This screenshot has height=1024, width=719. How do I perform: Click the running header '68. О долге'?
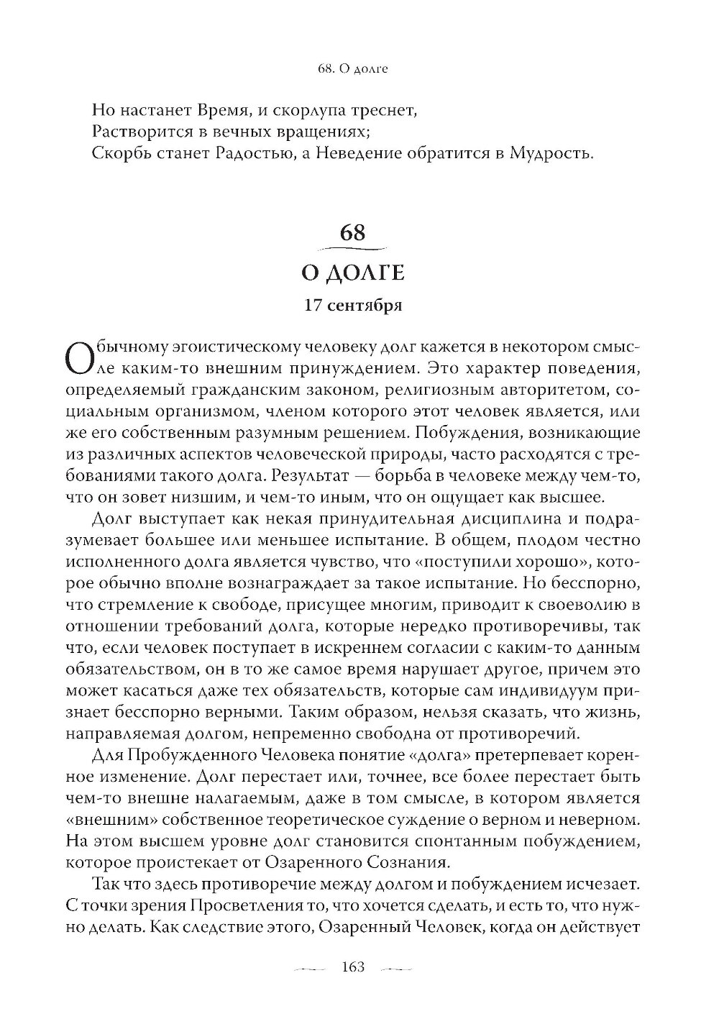coord(352,70)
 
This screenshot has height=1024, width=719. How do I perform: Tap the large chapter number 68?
coord(353,233)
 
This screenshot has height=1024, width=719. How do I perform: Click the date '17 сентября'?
coord(353,306)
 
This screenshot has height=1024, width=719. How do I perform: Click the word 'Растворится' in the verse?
coord(137,132)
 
